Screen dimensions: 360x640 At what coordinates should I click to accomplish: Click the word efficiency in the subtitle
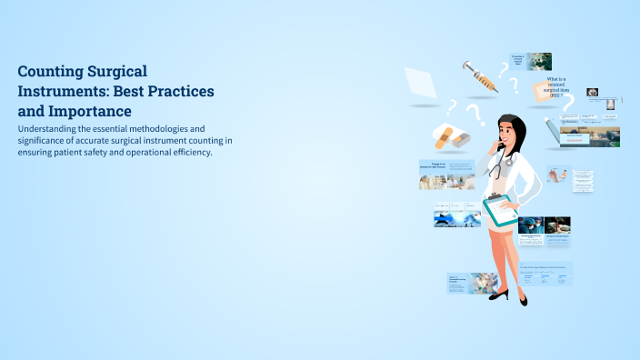coord(185,152)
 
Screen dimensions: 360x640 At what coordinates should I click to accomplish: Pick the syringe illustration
coord(479,76)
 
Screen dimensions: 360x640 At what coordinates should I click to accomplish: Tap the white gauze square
coord(420,83)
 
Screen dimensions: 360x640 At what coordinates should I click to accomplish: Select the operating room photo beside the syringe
coord(540,61)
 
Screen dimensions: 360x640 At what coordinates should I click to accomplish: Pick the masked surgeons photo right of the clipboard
coord(544,225)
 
